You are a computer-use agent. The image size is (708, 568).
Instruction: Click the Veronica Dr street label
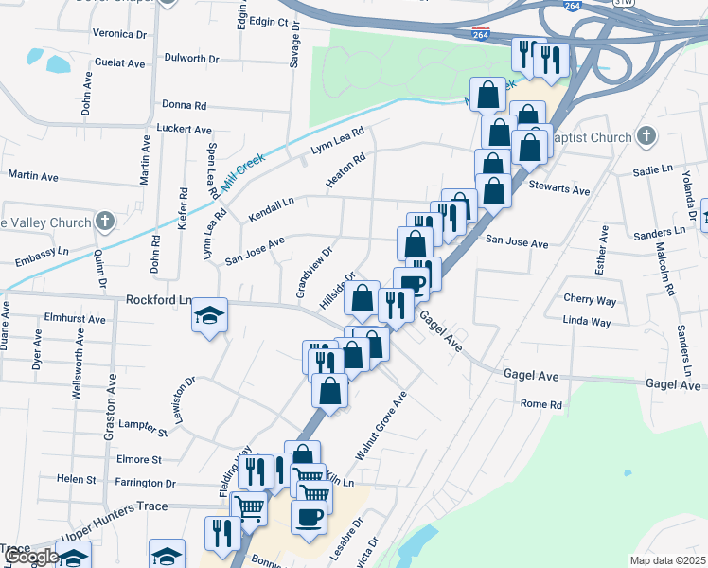pyautogui.click(x=120, y=33)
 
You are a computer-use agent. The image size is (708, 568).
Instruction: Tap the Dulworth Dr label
pyautogui.click(x=191, y=58)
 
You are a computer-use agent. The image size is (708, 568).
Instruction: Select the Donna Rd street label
pyautogui.click(x=185, y=105)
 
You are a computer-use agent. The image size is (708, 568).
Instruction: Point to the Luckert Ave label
pyautogui.click(x=184, y=128)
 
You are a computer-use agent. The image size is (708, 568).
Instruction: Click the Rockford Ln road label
pyautogui.click(x=158, y=299)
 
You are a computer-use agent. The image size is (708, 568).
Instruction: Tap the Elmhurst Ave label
pyautogui.click(x=75, y=320)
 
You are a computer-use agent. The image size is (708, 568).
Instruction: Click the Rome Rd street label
pyautogui.click(x=541, y=404)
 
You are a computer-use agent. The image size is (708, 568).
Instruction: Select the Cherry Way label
pyautogui.click(x=590, y=300)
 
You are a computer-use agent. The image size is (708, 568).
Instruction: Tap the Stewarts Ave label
pyautogui.click(x=559, y=189)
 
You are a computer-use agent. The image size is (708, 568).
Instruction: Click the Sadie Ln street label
pyautogui.click(x=652, y=170)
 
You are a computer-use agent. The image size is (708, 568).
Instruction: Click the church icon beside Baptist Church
pyautogui.click(x=646, y=137)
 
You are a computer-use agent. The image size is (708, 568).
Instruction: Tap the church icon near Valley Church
pyautogui.click(x=104, y=222)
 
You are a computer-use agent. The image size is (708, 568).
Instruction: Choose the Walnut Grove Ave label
pyautogui.click(x=381, y=426)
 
